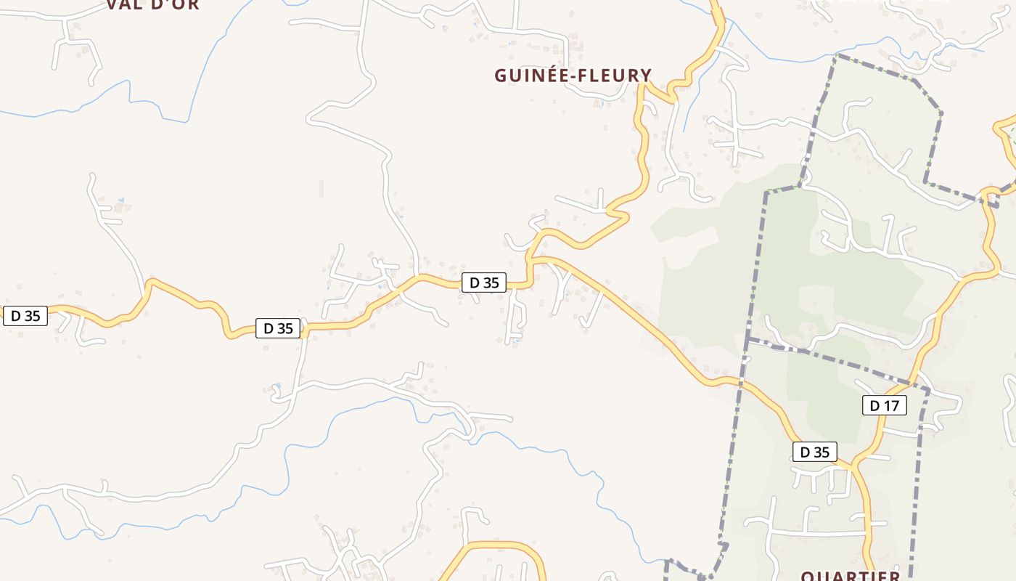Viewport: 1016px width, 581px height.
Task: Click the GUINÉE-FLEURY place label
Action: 573,76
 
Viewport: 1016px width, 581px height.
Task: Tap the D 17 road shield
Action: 884,405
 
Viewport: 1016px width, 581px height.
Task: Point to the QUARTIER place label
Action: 850,576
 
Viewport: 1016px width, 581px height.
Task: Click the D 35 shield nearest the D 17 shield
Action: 814,452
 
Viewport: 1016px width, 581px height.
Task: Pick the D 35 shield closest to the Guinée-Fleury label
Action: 484,283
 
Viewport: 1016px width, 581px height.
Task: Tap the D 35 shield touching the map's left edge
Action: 25,315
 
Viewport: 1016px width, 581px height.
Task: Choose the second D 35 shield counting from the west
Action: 278,328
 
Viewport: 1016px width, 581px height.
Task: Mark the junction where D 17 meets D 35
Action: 853,465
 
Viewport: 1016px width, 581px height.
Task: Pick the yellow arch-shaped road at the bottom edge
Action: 501,545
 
